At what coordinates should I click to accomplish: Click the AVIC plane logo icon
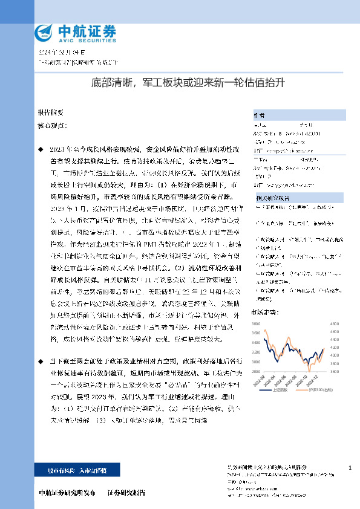tap(45, 31)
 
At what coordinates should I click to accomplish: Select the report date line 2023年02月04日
tap(59, 53)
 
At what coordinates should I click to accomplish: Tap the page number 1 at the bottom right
tap(351, 468)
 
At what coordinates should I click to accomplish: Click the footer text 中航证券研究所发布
tap(67, 493)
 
